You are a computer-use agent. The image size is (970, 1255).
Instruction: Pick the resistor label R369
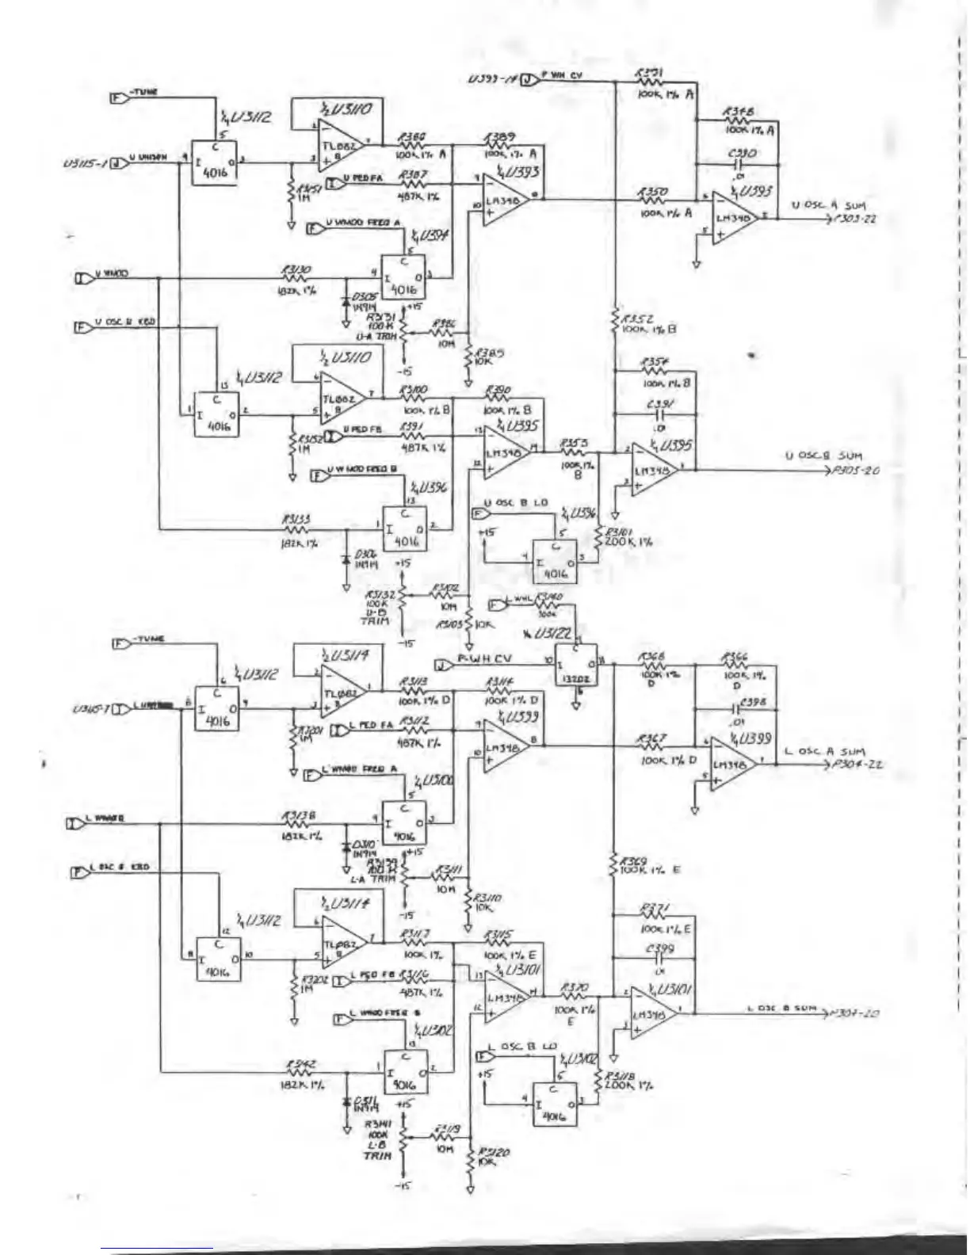click(x=633, y=860)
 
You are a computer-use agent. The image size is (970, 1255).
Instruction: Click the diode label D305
click(x=365, y=297)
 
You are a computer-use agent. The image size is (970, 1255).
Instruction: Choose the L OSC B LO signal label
click(x=522, y=1047)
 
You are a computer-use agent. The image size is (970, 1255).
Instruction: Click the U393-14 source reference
click(x=491, y=78)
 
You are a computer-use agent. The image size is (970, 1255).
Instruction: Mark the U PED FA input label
click(x=365, y=179)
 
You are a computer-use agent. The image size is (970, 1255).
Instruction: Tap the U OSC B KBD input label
click(x=125, y=322)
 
